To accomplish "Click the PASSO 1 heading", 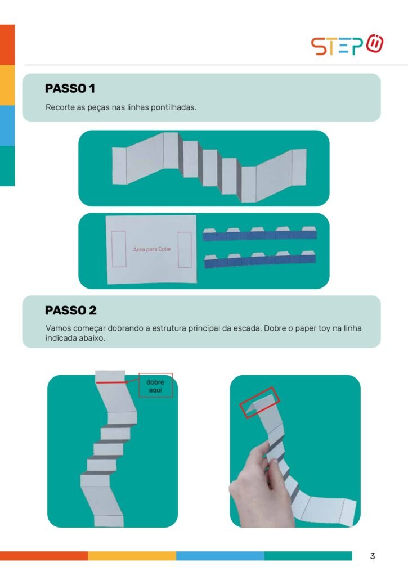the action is pyautogui.click(x=70, y=88).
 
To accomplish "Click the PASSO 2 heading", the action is pyautogui.click(x=70, y=310).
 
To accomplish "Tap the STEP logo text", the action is pyautogui.click(x=337, y=46).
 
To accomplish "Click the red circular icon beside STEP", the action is pyautogui.click(x=375, y=44).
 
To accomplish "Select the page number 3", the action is pyautogui.click(x=373, y=556).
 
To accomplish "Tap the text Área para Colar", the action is pyautogui.click(x=152, y=249).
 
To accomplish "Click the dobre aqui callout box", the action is pyautogui.click(x=155, y=385).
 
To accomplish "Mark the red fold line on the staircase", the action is pyautogui.click(x=111, y=382).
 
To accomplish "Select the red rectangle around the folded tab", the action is pyautogui.click(x=260, y=403).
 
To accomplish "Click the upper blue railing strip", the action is pyautogui.click(x=259, y=233).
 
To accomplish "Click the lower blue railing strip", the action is pyautogui.click(x=260, y=259).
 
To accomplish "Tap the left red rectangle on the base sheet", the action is pyautogui.click(x=119, y=249).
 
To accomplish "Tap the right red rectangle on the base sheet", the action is pyautogui.click(x=185, y=250).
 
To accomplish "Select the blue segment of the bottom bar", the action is pyautogui.click(x=220, y=556).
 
